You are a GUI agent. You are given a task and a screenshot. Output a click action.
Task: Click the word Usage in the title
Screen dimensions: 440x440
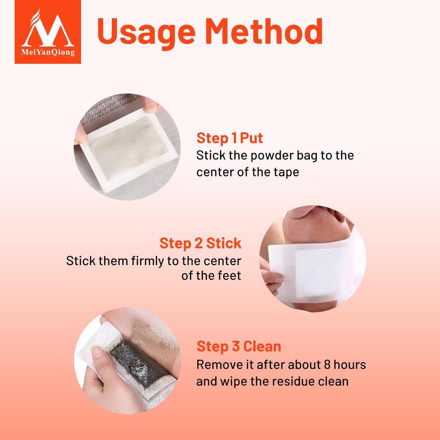pos(146,32)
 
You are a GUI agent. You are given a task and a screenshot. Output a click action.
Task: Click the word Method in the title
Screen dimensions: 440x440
pos(264,31)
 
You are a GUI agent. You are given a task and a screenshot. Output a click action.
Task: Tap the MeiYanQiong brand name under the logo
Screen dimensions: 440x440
pos(48,52)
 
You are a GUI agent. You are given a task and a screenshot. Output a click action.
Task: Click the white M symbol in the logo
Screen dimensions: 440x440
pos(48,30)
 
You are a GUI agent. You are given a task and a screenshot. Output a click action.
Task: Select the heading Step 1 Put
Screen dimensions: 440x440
pos(229,138)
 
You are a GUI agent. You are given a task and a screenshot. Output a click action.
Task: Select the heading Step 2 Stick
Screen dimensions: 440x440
pos(200,243)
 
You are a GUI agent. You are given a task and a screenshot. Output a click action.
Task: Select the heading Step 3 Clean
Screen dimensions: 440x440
pos(239,346)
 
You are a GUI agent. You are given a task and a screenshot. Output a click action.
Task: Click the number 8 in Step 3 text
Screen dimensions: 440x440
pos(327,365)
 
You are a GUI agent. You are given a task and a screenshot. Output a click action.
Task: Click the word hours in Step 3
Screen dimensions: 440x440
pos(350,365)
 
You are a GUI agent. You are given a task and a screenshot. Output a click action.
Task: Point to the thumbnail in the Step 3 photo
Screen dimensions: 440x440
pos(96,351)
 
